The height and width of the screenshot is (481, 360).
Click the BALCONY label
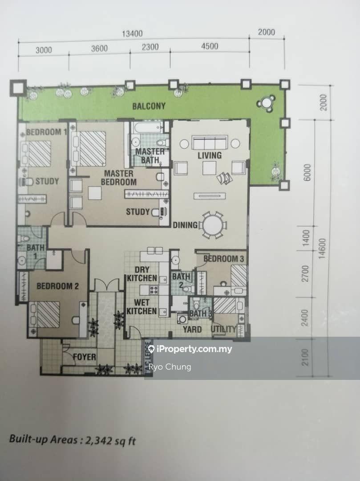tap(149, 106)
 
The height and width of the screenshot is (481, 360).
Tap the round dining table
tap(213, 225)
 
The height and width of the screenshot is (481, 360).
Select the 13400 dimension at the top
tap(132, 33)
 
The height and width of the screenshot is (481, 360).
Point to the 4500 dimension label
tap(210, 46)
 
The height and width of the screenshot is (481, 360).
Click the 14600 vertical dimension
tap(322, 249)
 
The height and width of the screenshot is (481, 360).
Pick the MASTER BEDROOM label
tap(118, 178)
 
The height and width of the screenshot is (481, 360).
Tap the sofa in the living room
tap(210, 143)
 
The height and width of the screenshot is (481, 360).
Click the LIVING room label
tap(210, 155)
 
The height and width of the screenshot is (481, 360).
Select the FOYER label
tap(84, 357)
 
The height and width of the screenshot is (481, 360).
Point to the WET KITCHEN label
tap(142, 307)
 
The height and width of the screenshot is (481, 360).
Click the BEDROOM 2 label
tap(57, 286)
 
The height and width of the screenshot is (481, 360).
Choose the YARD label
tap(192, 330)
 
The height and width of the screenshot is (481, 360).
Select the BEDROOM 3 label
tap(224, 259)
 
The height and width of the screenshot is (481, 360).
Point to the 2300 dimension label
tap(150, 47)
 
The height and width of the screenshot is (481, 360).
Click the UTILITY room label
tap(224, 329)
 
